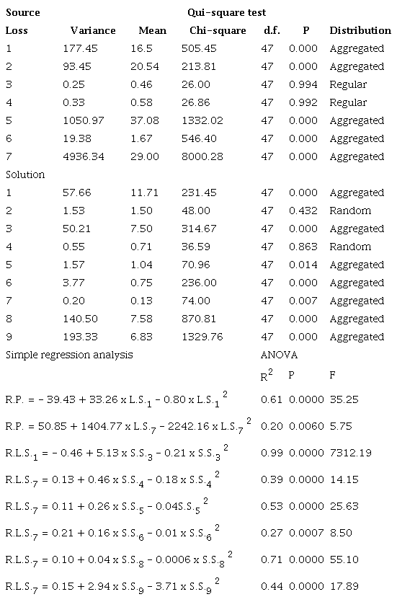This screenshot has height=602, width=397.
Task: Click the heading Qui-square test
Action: pyautogui.click(x=226, y=13)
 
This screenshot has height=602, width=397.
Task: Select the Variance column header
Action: pyautogui.click(x=93, y=31)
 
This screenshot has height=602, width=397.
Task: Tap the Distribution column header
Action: pyautogui.click(x=360, y=31)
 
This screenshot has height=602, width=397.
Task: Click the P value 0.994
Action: pyautogui.click(x=303, y=84)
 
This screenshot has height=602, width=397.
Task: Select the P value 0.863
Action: pyautogui.click(x=303, y=247)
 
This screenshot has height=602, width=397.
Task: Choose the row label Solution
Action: pyautogui.click(x=25, y=174)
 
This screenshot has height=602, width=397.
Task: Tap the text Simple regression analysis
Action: pyautogui.click(x=69, y=355)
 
